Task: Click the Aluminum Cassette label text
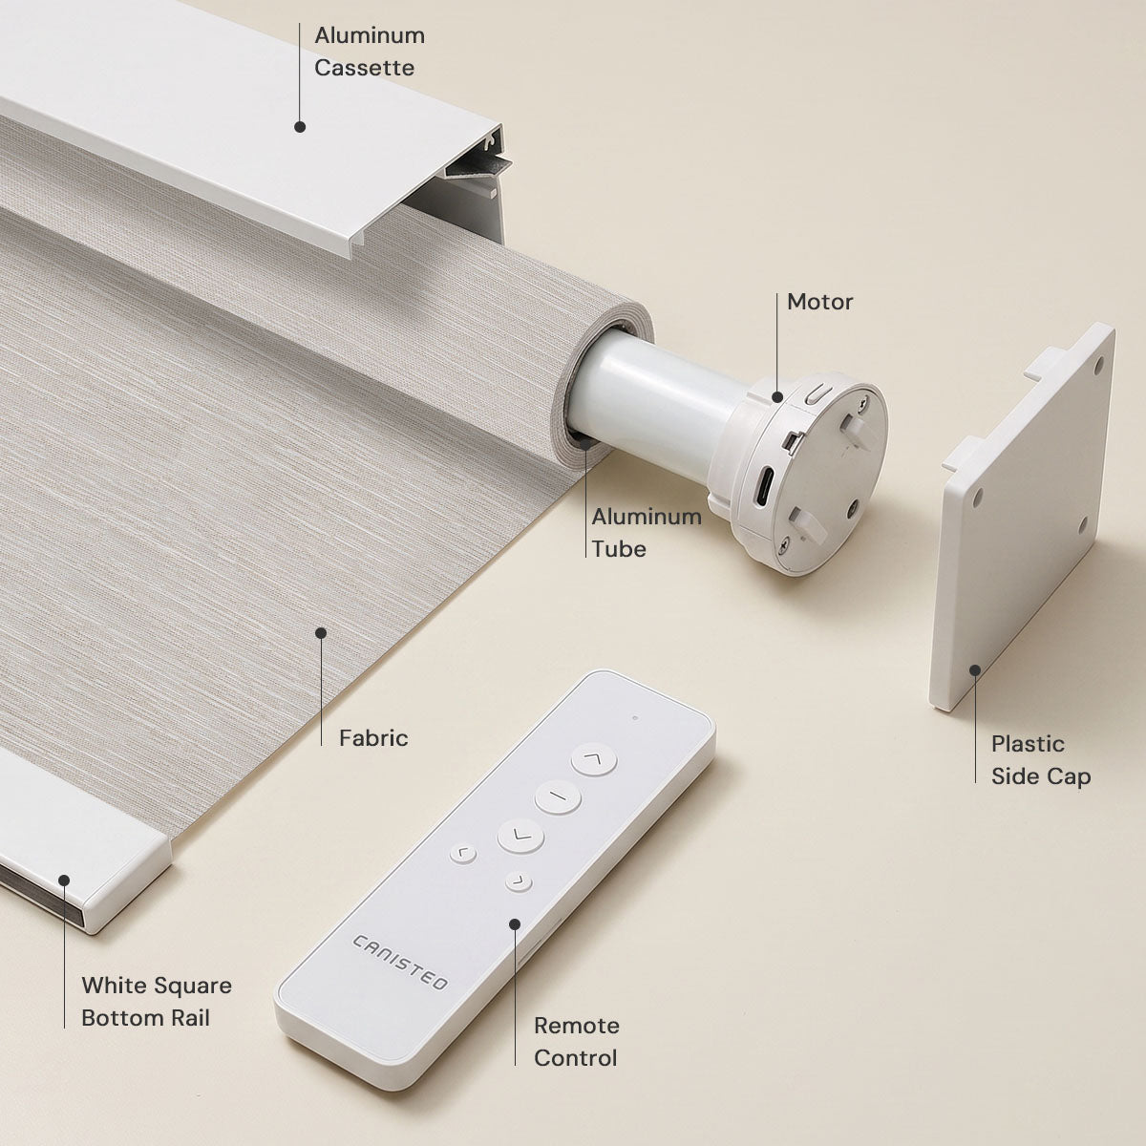tap(370, 52)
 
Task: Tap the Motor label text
tap(819, 302)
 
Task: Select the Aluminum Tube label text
tap(647, 533)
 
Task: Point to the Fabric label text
tap(373, 738)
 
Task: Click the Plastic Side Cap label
tap(1041, 760)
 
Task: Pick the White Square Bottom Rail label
tap(157, 1002)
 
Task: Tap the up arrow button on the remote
tap(593, 759)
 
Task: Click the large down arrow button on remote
tap(520, 836)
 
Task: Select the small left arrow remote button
tap(462, 855)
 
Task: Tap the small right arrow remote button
tap(519, 881)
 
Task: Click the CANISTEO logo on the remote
tap(399, 963)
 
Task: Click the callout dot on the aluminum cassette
tap(300, 127)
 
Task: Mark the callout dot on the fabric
tap(321, 633)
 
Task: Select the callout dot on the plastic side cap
tap(975, 670)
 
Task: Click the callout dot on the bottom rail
tap(64, 881)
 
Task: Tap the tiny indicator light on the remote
tap(635, 718)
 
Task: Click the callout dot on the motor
tap(777, 396)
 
